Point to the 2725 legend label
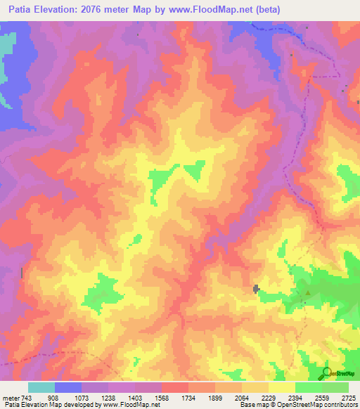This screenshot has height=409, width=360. coord(347,397)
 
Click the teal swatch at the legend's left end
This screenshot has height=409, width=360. coord(41,387)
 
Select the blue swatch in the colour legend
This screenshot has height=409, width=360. coord(68,387)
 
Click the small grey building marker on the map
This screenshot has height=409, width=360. coord(256,288)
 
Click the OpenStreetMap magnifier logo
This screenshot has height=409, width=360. coord(326,372)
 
